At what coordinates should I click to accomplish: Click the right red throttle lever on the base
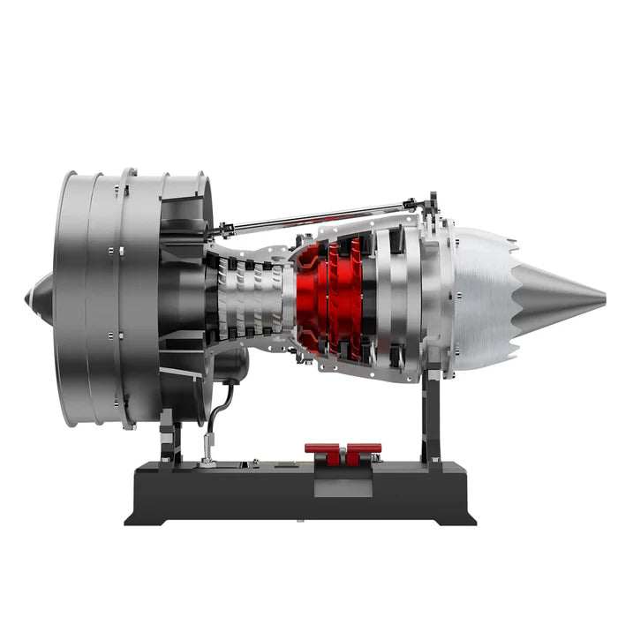pos(362,452)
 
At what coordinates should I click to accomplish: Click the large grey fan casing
pos(88,296)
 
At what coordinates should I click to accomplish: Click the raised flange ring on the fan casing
pos(129,296)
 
